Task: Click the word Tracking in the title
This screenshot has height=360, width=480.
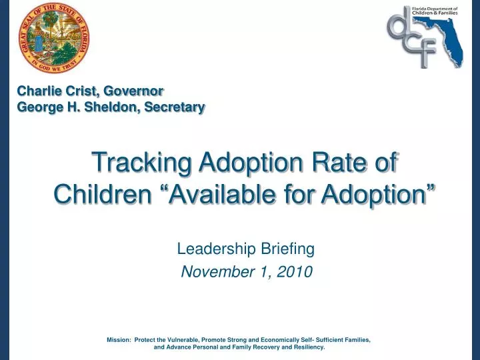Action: point(133,162)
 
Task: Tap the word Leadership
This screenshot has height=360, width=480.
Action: point(213,249)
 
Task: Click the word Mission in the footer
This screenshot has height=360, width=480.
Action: point(118,340)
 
